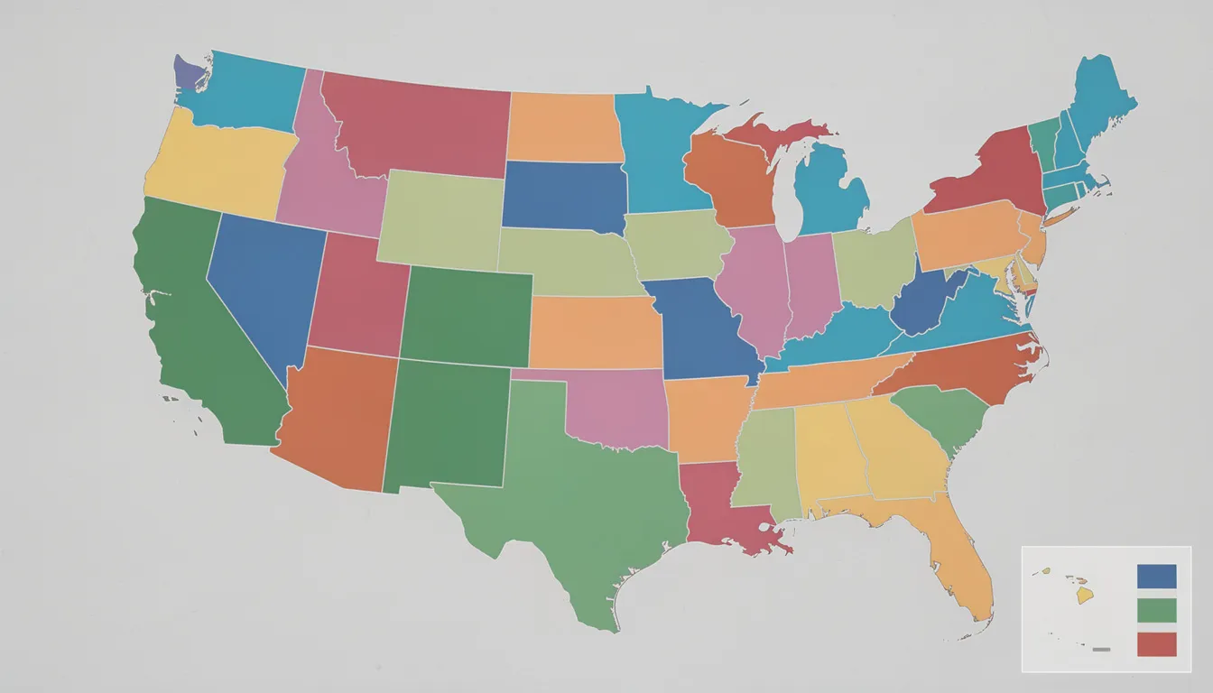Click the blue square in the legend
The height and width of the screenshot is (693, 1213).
click(1157, 577)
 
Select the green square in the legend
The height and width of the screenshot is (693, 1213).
click(1157, 610)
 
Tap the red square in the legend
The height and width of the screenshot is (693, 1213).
click(1157, 643)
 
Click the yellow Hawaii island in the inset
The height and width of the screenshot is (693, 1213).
click(1085, 596)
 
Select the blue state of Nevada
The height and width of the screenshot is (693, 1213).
click(266, 280)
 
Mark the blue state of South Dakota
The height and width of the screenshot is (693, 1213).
click(564, 194)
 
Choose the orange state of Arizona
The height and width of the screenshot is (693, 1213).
click(338, 415)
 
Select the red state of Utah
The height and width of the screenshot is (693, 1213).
click(356, 293)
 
